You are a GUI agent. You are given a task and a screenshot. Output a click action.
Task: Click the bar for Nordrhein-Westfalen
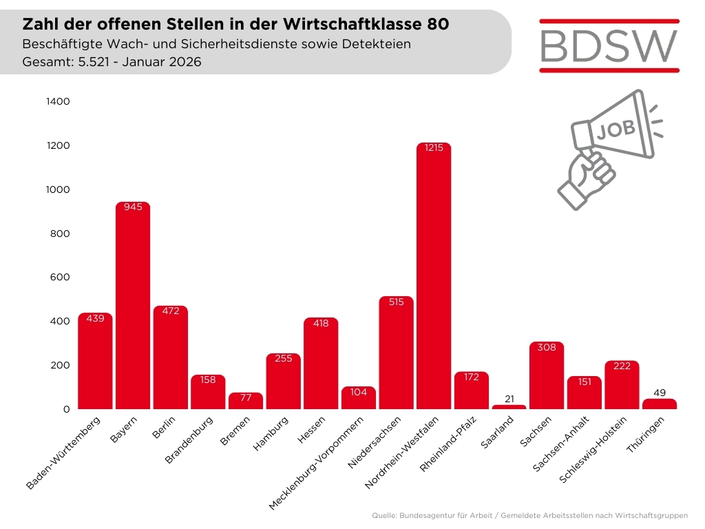coord(434,276)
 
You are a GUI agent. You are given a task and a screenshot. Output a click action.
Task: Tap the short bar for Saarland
coord(509,407)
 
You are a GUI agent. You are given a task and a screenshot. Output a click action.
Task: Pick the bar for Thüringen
coord(660,404)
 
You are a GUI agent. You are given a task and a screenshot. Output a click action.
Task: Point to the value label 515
coord(396,303)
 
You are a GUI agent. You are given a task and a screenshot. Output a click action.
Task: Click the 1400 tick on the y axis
coord(58,101)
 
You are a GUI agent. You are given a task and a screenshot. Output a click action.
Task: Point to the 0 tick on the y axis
coord(67,409)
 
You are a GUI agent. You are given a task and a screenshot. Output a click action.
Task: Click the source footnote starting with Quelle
coord(529,515)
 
